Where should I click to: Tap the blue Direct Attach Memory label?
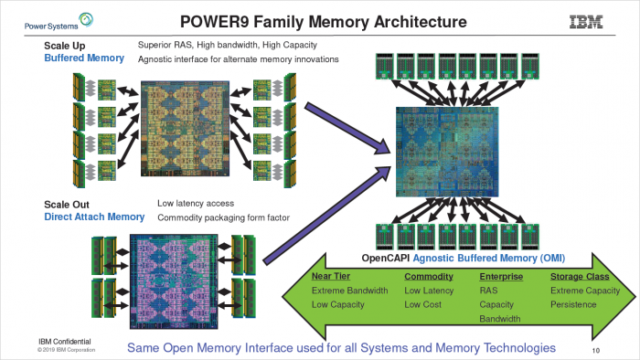[x=94, y=217]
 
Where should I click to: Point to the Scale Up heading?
[x=65, y=45]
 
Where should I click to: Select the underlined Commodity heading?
[x=429, y=275]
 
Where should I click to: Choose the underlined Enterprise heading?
[x=502, y=275]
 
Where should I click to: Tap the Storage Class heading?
[x=579, y=275]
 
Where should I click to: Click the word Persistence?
[x=574, y=304]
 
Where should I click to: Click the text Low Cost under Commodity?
[x=424, y=304]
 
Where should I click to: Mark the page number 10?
[x=595, y=349]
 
